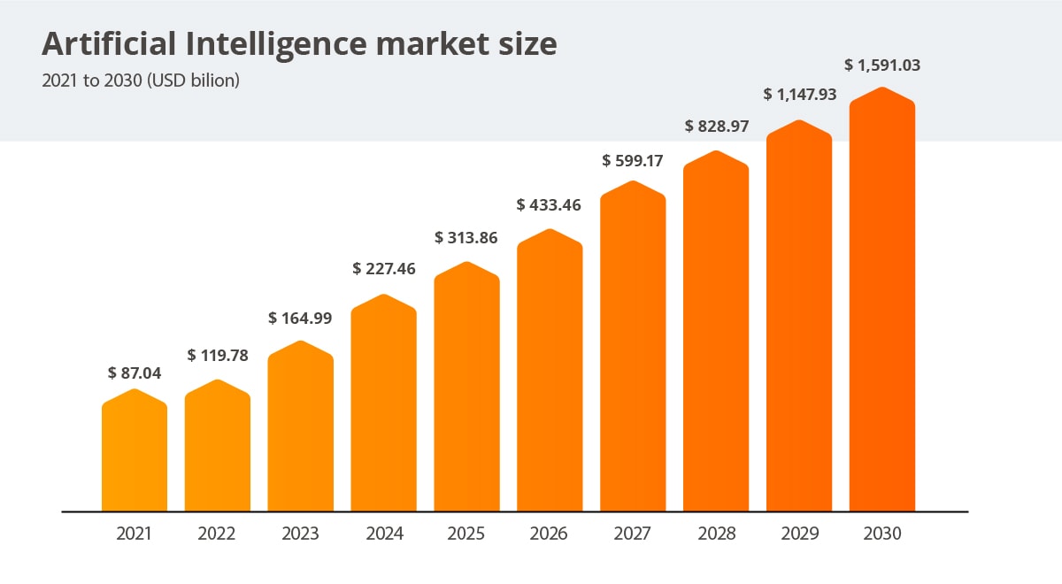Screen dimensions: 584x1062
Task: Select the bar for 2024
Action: pos(384,407)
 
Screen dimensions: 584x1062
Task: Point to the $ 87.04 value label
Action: pos(135,373)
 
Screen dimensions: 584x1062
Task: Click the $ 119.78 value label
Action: pos(218,356)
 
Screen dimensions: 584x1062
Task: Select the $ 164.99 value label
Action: pos(301,318)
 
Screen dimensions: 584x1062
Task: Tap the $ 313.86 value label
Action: pos(466,238)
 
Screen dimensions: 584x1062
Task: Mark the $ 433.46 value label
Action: pos(549,205)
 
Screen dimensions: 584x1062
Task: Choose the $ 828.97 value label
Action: pos(717,127)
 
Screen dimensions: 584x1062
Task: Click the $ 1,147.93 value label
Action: pos(799,95)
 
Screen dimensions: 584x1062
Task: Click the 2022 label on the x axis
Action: pos(217,534)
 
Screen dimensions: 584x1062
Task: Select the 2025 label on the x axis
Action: pos(466,534)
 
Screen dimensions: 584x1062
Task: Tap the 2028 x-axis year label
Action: pos(716,534)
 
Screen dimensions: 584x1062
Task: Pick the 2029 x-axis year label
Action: pos(799,534)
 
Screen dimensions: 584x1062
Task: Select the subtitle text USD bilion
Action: pos(196,81)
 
